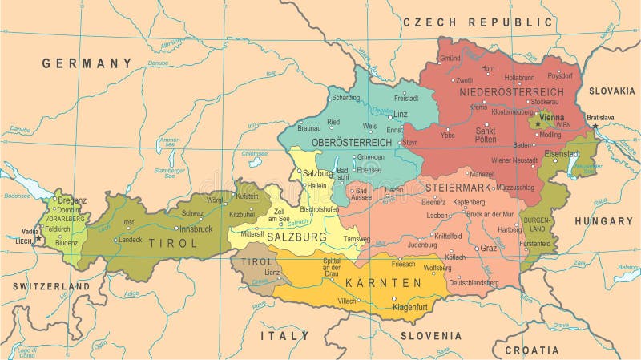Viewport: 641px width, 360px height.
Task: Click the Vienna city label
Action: point(552,117)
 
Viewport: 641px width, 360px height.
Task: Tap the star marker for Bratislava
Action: point(595,127)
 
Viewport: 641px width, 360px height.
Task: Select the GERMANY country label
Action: point(87,63)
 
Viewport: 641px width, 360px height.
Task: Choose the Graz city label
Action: point(489,249)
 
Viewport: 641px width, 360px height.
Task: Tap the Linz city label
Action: point(401,115)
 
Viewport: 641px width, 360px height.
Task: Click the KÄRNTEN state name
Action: point(383,283)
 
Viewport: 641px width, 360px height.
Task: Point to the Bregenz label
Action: point(72,200)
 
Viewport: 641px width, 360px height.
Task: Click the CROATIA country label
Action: point(532,350)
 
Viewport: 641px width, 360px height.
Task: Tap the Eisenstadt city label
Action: point(562,152)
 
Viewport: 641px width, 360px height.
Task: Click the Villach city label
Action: point(347,301)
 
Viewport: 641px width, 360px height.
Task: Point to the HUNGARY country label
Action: point(603,220)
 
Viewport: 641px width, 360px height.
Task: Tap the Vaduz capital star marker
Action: point(38,238)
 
